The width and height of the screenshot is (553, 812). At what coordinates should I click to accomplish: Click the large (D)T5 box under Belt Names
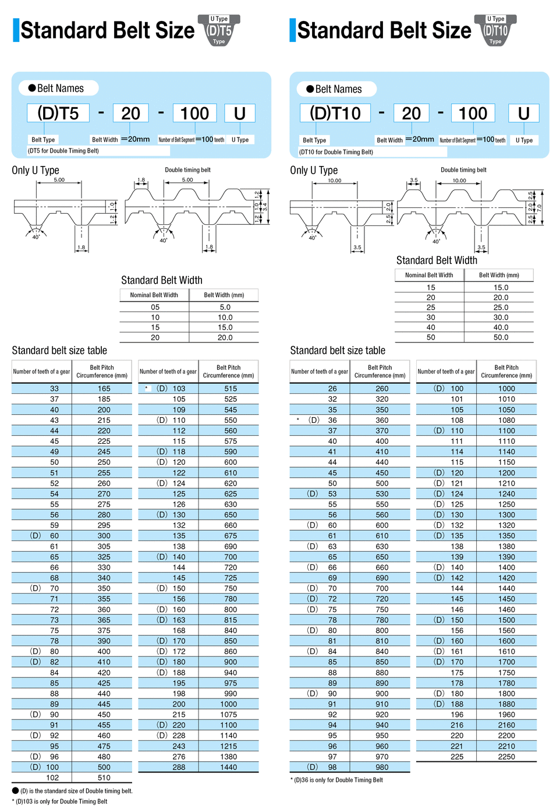coord(58,113)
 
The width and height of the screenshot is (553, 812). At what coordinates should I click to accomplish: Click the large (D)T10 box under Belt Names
coord(335,113)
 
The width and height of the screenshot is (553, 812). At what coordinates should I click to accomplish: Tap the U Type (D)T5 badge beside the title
coord(219,30)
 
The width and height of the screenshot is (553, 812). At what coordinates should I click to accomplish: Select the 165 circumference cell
coord(104,389)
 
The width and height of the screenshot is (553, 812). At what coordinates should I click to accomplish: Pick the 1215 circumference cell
coord(229,746)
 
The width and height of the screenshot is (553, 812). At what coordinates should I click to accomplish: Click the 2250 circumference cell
coord(506,757)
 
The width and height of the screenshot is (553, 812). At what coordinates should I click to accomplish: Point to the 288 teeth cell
coord(179,767)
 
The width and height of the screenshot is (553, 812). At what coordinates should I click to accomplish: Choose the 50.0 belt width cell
coord(501,337)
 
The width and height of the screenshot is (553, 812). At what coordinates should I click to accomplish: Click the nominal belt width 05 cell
coord(155,307)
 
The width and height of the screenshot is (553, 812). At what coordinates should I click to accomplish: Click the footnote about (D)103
coord(61,802)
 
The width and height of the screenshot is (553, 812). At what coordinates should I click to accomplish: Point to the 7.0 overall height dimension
coord(540,207)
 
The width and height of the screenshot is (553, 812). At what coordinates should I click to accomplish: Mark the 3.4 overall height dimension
coord(264,206)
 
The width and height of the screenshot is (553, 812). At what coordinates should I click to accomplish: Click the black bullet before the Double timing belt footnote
coord(15,790)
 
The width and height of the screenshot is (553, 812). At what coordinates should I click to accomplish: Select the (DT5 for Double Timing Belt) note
coord(63,151)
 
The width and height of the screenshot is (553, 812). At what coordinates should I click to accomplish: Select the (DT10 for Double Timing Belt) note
coord(336,152)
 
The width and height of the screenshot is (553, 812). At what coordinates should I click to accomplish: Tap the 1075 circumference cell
coord(229,715)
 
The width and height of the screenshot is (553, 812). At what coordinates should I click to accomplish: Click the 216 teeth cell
coord(457,725)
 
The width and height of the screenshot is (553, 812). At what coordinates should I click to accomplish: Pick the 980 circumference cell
coord(382,767)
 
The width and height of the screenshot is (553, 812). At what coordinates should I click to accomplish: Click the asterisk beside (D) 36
coord(297,420)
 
